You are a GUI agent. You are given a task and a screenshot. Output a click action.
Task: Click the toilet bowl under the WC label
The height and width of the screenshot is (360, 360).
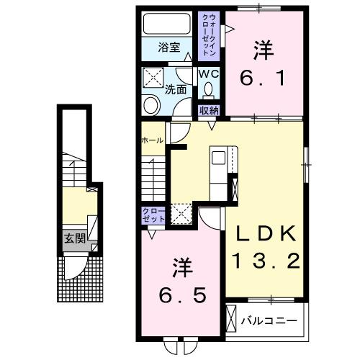pyautogui.click(x=209, y=91)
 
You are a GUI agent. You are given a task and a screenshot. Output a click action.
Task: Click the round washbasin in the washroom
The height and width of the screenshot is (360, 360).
pyautogui.click(x=152, y=105)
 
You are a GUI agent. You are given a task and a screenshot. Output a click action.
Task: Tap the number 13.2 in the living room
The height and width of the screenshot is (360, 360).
pyautogui.click(x=264, y=261)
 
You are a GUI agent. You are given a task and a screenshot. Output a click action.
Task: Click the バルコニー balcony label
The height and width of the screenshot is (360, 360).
pyautogui.click(x=271, y=318)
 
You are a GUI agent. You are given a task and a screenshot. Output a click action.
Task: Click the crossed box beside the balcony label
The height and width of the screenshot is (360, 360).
pyautogui.click(x=233, y=318)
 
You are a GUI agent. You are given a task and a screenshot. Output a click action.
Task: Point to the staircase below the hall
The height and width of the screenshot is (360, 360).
pyautogui.click(x=153, y=177)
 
